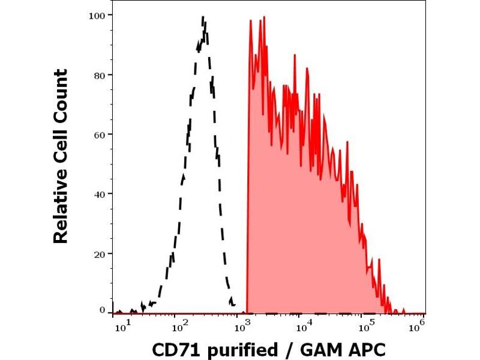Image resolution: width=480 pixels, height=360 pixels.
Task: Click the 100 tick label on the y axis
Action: (x=98, y=15)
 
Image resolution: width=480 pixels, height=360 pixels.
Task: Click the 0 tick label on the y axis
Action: (x=103, y=310)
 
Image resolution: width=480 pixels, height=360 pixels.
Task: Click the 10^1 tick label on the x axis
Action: (x=121, y=326)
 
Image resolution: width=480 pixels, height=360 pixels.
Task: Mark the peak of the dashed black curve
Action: (x=203, y=17)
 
